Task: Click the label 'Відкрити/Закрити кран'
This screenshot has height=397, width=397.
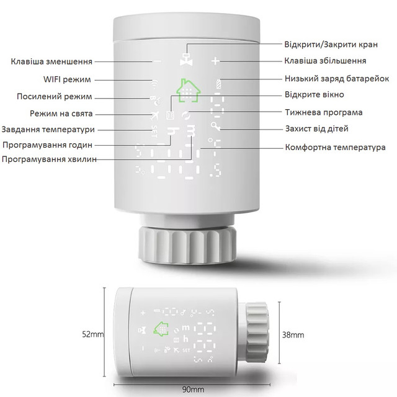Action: pos(331,44)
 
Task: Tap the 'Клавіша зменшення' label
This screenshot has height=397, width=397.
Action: pos(51,61)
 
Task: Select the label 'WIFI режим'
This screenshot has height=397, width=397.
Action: pos(67,79)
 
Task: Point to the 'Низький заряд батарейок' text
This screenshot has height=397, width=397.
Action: pos(337,79)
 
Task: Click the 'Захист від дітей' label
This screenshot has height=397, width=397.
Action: pos(317,128)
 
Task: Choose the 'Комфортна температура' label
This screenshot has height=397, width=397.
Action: pos(335,147)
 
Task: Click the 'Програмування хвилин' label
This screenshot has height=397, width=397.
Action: pos(49,159)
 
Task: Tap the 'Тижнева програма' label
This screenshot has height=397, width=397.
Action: pos(324,112)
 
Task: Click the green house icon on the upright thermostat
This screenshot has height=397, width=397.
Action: pos(188,91)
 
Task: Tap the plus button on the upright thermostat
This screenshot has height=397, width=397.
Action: pos(215,61)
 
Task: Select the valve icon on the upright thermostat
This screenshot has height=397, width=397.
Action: pos(186,60)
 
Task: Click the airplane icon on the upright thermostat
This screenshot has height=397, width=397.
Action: pos(154,116)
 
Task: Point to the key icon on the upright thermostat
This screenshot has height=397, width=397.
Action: pos(215,126)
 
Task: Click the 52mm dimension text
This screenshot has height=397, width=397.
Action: pos(93,334)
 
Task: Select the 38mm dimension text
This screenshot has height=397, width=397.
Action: pos(293,335)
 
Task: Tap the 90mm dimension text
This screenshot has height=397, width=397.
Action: pos(193,390)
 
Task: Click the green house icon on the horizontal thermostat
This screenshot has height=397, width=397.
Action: pos(161,329)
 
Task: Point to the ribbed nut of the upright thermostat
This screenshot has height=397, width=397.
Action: pos(187,246)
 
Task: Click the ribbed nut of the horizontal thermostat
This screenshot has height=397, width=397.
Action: pos(257,333)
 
